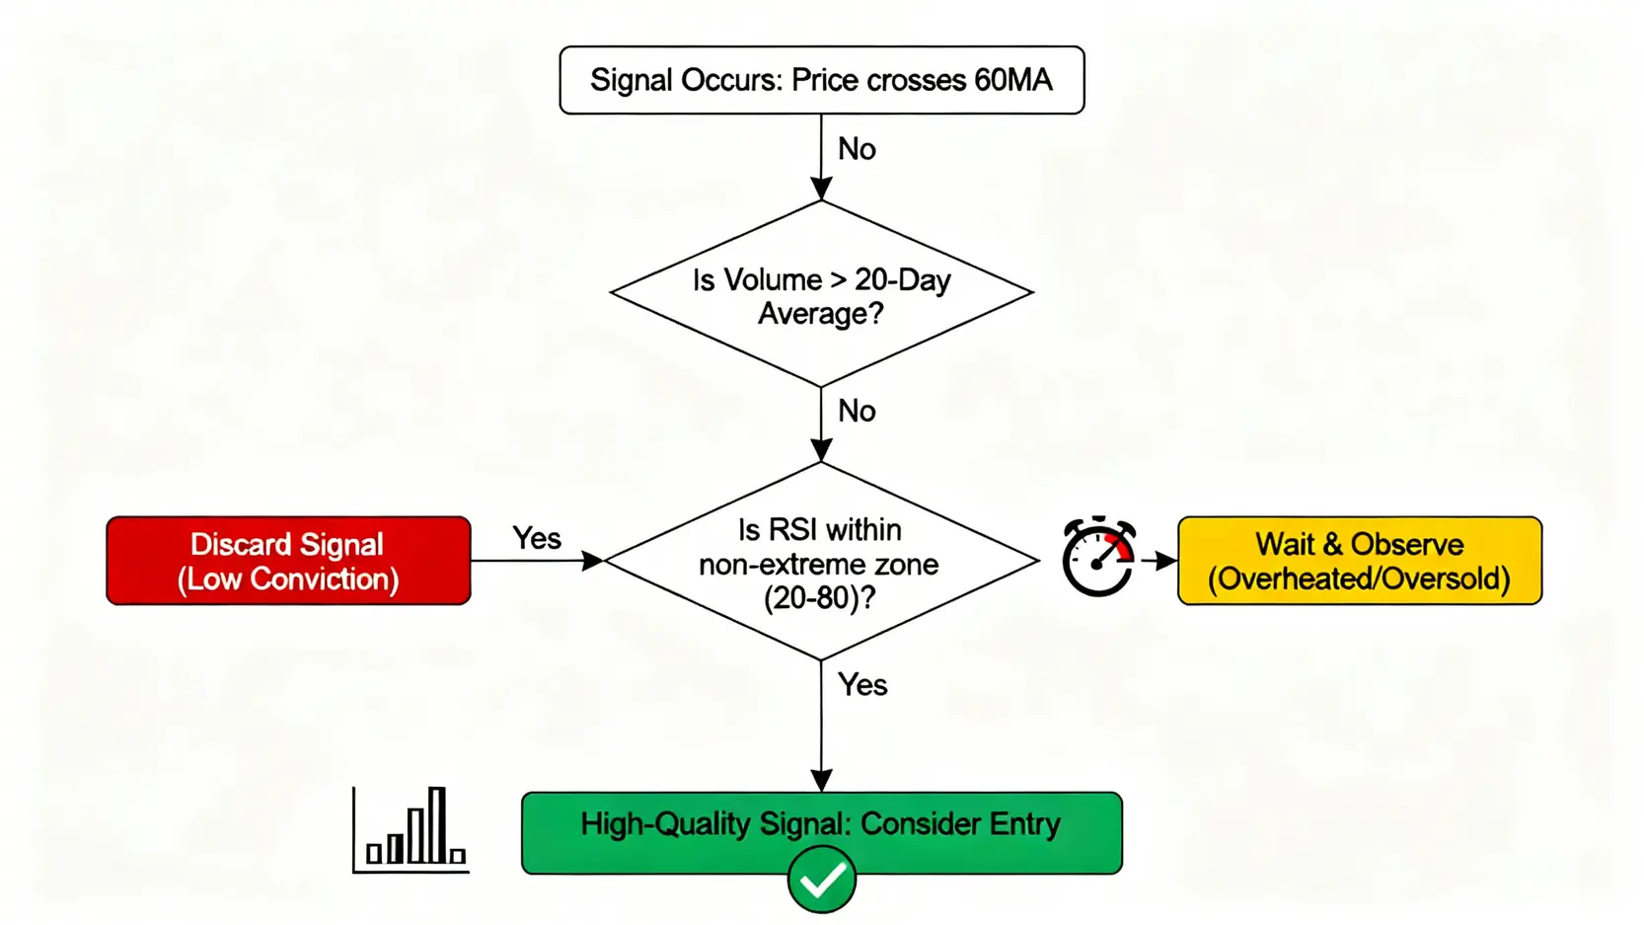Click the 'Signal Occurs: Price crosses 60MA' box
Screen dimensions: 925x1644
click(x=821, y=80)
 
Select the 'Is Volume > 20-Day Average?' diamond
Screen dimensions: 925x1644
click(x=821, y=294)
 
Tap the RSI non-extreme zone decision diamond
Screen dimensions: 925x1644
click(x=821, y=561)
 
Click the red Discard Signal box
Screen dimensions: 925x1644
click(x=288, y=561)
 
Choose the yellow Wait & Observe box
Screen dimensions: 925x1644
click(x=1359, y=561)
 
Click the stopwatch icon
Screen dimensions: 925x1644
click(x=1098, y=558)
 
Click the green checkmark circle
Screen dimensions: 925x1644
click(x=821, y=880)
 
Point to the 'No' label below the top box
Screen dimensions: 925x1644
click(x=857, y=149)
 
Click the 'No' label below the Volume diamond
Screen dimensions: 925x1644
click(x=857, y=411)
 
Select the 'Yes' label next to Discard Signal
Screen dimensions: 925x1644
click(x=537, y=538)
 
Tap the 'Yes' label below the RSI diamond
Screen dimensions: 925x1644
click(x=862, y=685)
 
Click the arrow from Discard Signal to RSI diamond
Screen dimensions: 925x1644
click(x=537, y=561)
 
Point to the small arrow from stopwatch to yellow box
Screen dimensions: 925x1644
click(x=1158, y=561)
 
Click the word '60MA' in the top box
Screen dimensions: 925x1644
click(x=1012, y=80)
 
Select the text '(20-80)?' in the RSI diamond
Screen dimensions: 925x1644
click(x=819, y=597)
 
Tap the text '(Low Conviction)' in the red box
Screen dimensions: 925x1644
click(x=288, y=578)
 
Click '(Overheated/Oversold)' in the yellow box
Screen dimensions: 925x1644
click(x=1359, y=578)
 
